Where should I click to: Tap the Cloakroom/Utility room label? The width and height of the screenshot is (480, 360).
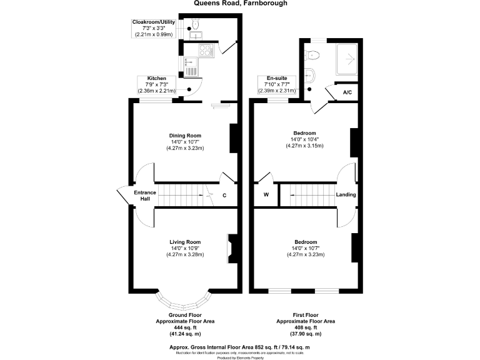[154, 22]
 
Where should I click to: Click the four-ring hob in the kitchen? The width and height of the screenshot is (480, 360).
[205, 51]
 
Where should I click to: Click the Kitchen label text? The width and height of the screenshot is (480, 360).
[157, 78]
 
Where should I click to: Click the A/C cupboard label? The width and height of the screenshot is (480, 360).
[347, 92]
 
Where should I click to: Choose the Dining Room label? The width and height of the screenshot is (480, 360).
[185, 136]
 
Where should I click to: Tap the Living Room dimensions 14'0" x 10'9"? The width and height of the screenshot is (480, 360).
[185, 248]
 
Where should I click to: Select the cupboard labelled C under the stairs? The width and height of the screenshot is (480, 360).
[224, 195]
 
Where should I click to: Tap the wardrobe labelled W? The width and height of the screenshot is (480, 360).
[266, 195]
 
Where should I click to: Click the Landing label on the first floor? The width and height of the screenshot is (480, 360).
[346, 195]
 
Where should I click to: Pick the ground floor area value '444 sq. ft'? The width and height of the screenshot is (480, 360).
[185, 327]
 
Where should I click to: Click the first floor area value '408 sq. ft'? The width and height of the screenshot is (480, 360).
[306, 327]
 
